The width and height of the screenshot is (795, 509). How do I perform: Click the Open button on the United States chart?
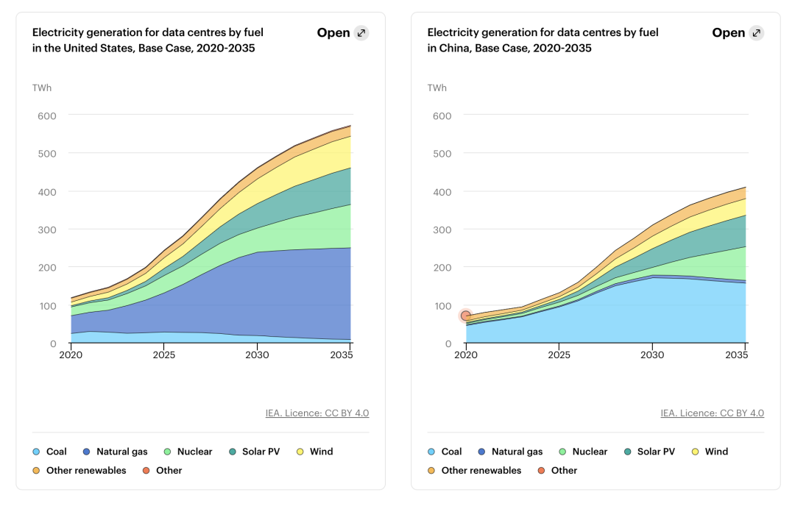pyautogui.click(x=343, y=33)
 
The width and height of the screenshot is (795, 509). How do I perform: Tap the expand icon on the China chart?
pyautogui.click(x=757, y=33)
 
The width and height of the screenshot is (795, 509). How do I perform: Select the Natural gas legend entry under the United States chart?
pyautogui.click(x=115, y=452)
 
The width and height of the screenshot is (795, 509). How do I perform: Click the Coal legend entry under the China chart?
pyautogui.click(x=445, y=452)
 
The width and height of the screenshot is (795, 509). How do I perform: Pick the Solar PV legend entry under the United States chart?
pyautogui.click(x=254, y=452)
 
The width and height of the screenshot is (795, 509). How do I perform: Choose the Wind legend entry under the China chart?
pyautogui.click(x=710, y=452)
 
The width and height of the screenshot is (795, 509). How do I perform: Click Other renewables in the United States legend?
pyautogui.click(x=79, y=470)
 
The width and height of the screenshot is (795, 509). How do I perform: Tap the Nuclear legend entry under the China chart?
pyautogui.click(x=583, y=452)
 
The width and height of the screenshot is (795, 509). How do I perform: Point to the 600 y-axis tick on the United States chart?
pyautogui.click(x=46, y=115)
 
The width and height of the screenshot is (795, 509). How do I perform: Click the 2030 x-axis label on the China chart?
pyautogui.click(x=652, y=355)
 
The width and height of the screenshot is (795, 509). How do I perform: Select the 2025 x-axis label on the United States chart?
pyautogui.click(x=163, y=355)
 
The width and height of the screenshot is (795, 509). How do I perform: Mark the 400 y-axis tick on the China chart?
pyautogui.click(x=442, y=191)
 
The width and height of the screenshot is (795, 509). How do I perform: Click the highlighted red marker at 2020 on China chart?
pyautogui.click(x=466, y=316)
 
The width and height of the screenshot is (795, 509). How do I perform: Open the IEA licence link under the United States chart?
pyautogui.click(x=317, y=413)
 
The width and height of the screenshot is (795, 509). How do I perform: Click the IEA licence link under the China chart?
pyautogui.click(x=713, y=413)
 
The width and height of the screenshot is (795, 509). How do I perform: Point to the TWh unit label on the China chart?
pyautogui.click(x=437, y=88)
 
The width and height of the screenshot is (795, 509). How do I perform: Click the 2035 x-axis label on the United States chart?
pyautogui.click(x=342, y=355)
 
